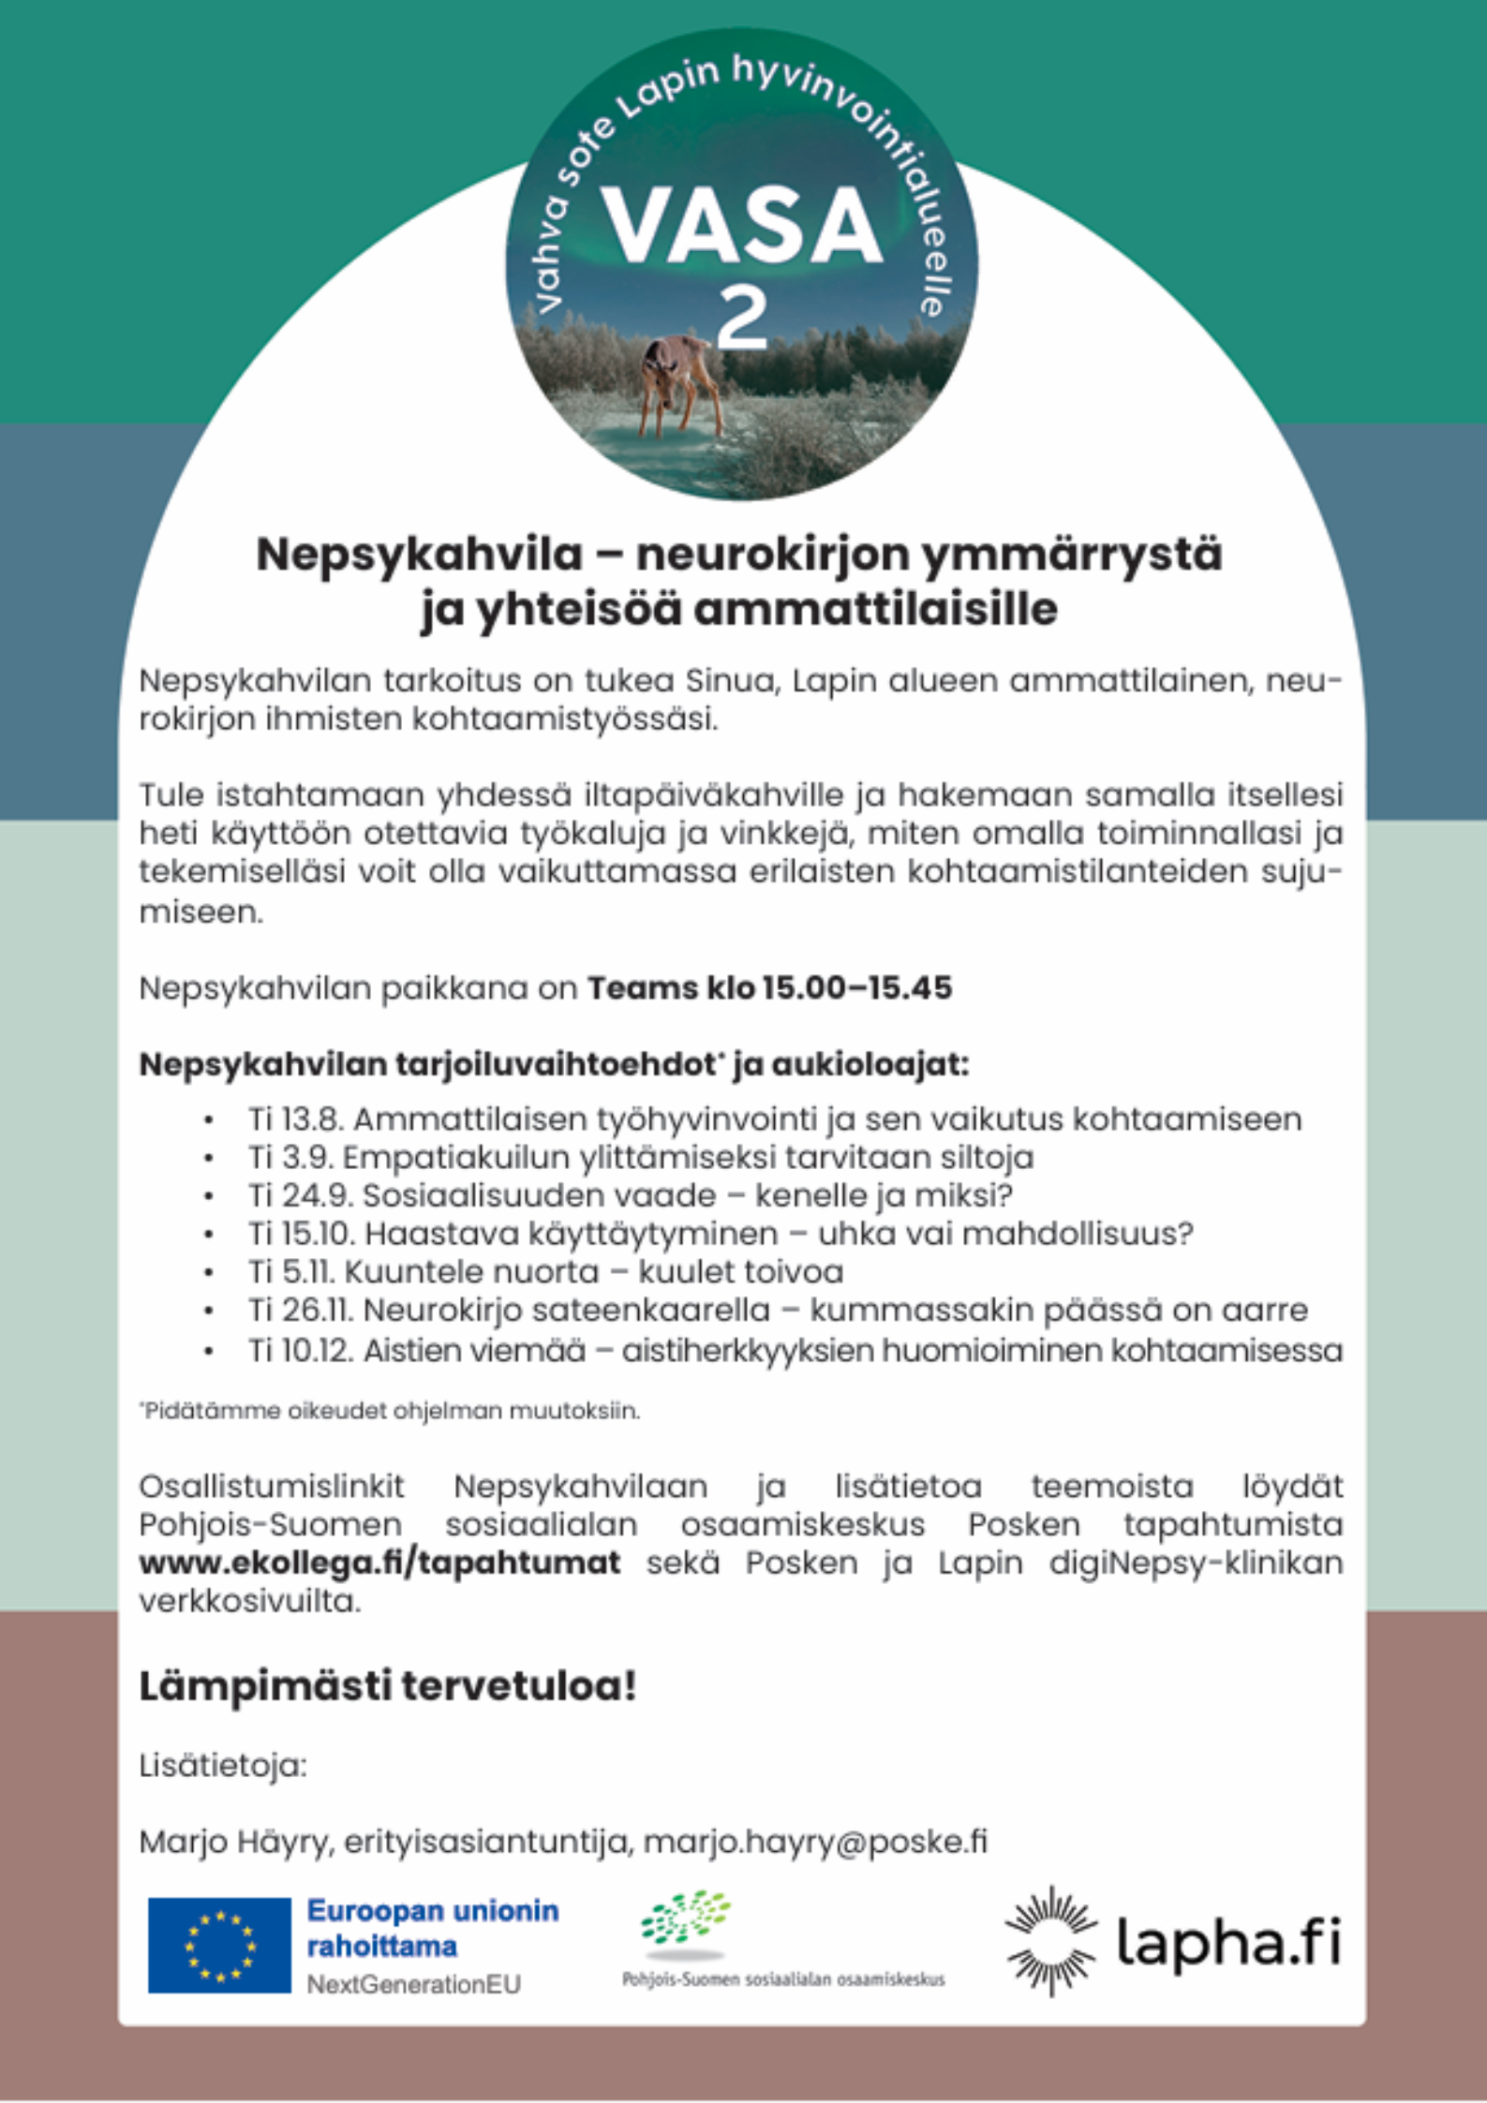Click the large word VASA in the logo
(741, 226)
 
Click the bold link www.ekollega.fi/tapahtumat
(379, 1563)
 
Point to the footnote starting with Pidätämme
(390, 1410)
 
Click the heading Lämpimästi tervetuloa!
(388, 1686)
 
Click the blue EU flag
(219, 1945)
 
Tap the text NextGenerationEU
(413, 1984)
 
